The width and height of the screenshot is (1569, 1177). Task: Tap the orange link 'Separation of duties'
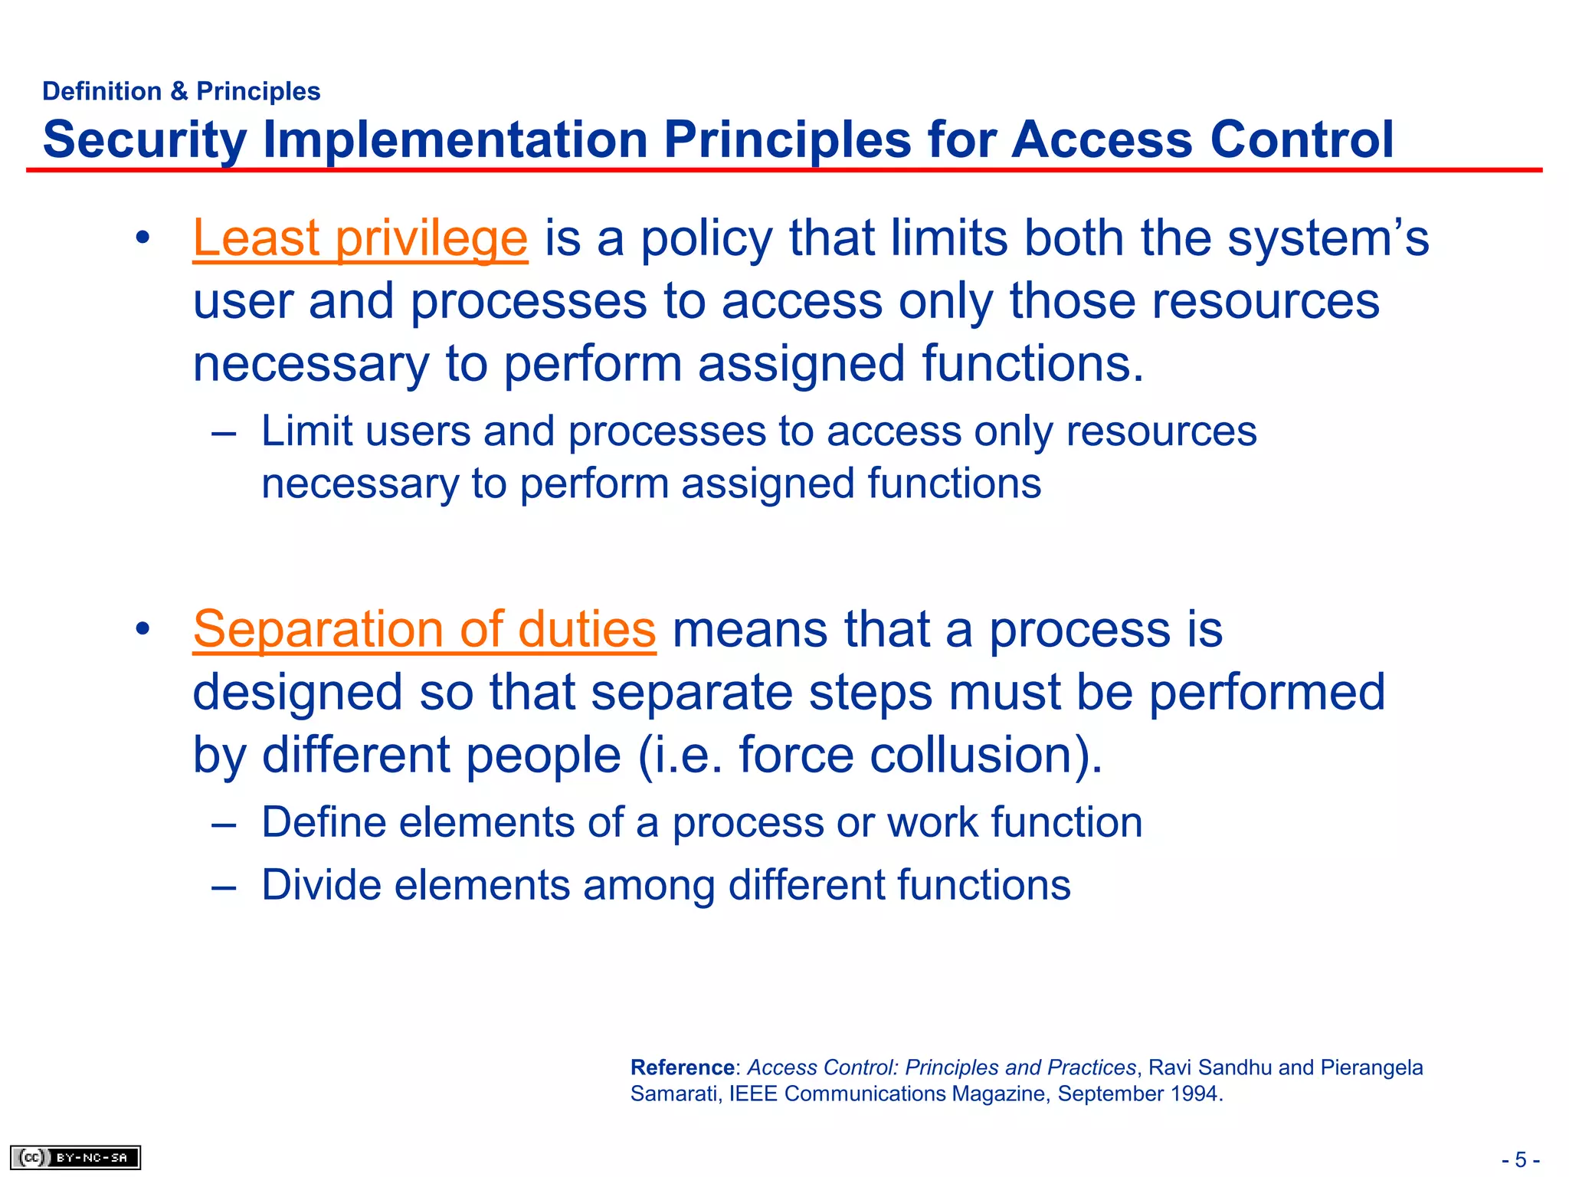(424, 629)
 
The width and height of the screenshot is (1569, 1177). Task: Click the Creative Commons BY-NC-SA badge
(75, 1157)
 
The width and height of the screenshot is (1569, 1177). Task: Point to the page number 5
(1521, 1159)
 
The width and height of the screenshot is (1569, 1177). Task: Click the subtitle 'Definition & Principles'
(182, 91)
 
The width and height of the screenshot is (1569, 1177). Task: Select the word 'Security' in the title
(145, 139)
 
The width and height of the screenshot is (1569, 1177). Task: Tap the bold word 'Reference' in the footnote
(682, 1067)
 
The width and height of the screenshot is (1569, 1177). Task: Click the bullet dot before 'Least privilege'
(142, 239)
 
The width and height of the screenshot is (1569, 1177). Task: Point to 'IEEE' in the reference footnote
(753, 1093)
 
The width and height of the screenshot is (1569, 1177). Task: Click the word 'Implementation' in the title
(455, 139)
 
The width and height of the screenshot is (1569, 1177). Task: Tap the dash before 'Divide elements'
(223, 887)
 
